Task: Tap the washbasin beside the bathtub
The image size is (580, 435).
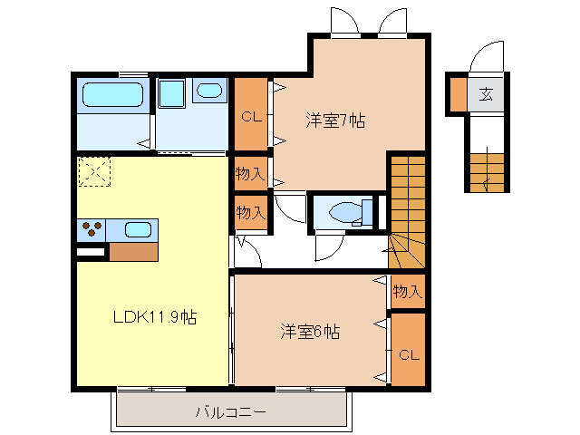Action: coord(208,91)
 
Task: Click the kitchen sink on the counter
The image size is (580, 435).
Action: coord(137,229)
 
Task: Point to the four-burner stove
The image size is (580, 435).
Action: coord(92,229)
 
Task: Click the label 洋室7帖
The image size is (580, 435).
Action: coord(335,120)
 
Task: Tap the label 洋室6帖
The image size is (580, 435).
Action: coord(310,332)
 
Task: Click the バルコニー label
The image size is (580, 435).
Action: coord(230,412)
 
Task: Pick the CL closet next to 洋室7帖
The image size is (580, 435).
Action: coord(252,115)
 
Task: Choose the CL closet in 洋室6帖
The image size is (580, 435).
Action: coord(408,353)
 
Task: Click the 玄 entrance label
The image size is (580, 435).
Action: coord(486,93)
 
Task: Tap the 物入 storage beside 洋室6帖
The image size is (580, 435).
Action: coord(408,292)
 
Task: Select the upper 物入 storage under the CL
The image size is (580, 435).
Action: coord(250,173)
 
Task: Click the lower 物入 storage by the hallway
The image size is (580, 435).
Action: coord(251,213)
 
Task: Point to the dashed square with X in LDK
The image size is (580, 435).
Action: coord(93,172)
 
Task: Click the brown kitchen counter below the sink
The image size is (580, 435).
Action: coord(132,252)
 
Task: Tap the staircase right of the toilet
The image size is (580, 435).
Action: coord(407,208)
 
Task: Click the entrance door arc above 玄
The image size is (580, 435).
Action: coord(486,56)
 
